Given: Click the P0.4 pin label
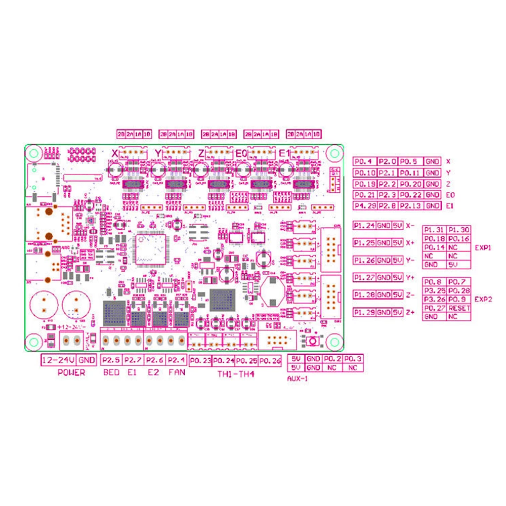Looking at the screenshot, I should tap(363, 162).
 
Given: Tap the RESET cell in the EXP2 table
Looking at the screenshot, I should tap(459, 308).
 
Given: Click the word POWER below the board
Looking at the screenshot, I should tap(71, 373).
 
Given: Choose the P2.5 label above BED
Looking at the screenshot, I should tap(111, 360).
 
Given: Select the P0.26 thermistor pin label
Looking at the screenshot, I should tap(269, 361).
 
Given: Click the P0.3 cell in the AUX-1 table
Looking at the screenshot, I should tap(353, 359).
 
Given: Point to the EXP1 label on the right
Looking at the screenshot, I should tap(483, 248).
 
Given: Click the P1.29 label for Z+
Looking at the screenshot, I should tap(363, 312).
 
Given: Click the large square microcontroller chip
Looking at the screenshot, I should tap(150, 247).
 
